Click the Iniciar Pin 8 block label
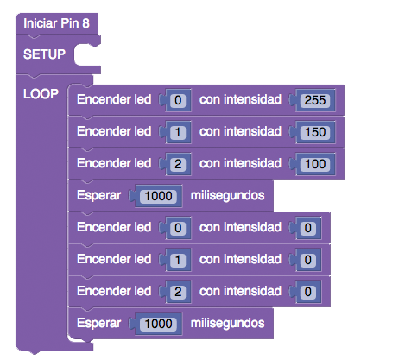[56, 23]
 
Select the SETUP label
[44, 54]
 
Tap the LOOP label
[41, 94]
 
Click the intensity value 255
[315, 100]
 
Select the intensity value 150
[315, 132]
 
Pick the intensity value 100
[315, 164]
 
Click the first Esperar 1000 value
[158, 196]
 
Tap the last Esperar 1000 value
[158, 324]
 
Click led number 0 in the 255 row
[178, 100]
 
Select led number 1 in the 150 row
[178, 132]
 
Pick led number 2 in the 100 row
[178, 164]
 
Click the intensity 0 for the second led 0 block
[308, 228]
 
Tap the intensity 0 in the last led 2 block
[308, 292]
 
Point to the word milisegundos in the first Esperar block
[227, 196]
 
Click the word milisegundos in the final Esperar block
[227, 323]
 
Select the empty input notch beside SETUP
[85, 54]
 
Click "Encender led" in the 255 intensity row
[114, 99]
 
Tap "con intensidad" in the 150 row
[240, 131]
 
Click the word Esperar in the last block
[98, 324]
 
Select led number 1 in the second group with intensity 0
[178, 260]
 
